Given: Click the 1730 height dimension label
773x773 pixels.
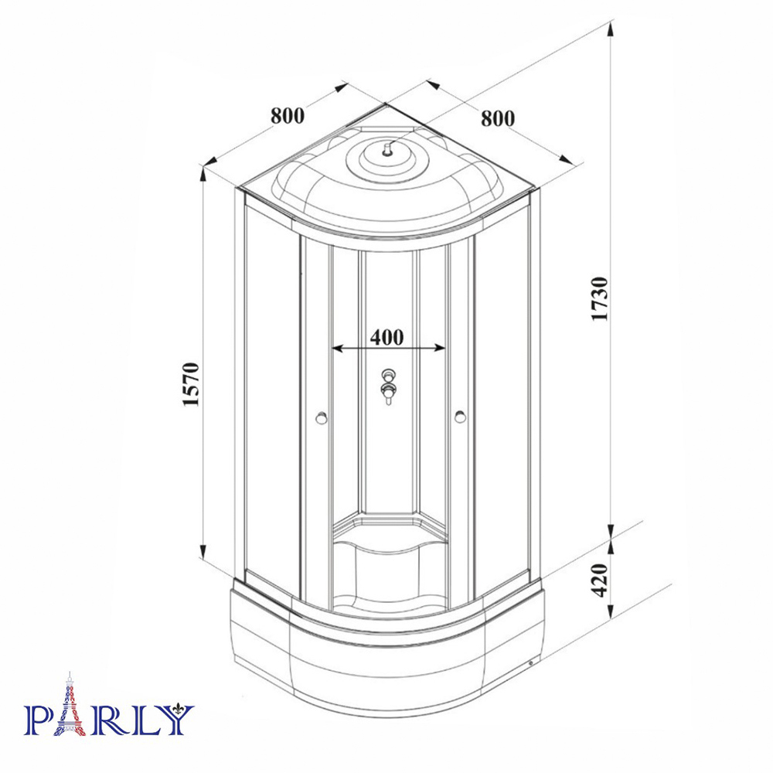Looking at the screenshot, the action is [601, 298].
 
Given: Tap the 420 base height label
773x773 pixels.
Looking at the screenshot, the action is [601, 580].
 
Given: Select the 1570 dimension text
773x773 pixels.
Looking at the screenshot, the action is [191, 384].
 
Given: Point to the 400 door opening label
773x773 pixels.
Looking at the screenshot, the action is [387, 337].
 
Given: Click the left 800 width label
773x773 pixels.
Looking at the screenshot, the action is [288, 115].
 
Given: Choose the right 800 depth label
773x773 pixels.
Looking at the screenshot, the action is [497, 118].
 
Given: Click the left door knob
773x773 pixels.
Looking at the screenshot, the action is [322, 418].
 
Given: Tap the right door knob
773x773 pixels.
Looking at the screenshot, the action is [461, 417].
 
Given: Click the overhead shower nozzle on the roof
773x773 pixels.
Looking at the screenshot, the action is [387, 149].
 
